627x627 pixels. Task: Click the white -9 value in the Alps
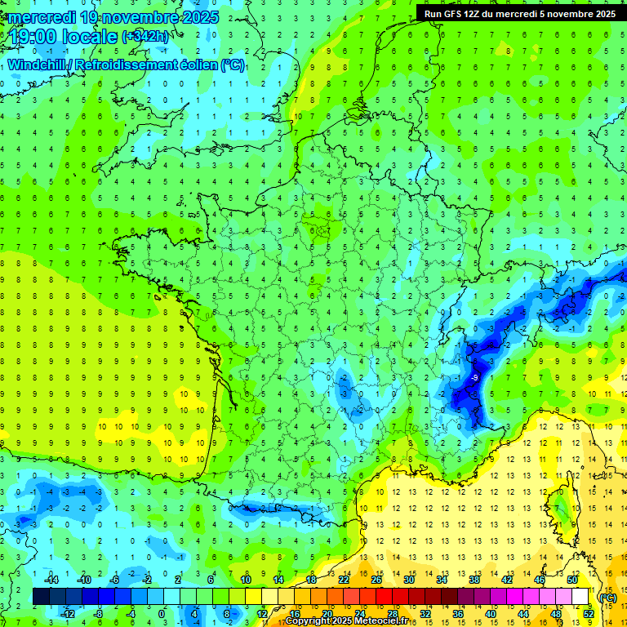pos(474,378)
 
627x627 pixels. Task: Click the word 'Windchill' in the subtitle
pos(38,64)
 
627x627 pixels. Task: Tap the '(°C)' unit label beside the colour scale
pos(607,597)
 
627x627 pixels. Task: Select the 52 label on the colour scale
pos(589,614)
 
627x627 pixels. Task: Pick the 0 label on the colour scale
pos(162,614)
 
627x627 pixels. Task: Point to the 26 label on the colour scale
pos(376,579)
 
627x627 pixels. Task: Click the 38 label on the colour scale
pos(474,579)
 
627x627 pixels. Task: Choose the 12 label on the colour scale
pos(262,614)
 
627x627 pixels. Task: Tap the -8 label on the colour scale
pos(99,614)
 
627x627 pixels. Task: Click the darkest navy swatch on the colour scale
pos(41,597)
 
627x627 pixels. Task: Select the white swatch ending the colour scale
pos(580,597)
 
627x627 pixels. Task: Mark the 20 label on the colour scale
pos(327,614)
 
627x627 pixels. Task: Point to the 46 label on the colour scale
pos(540,579)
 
